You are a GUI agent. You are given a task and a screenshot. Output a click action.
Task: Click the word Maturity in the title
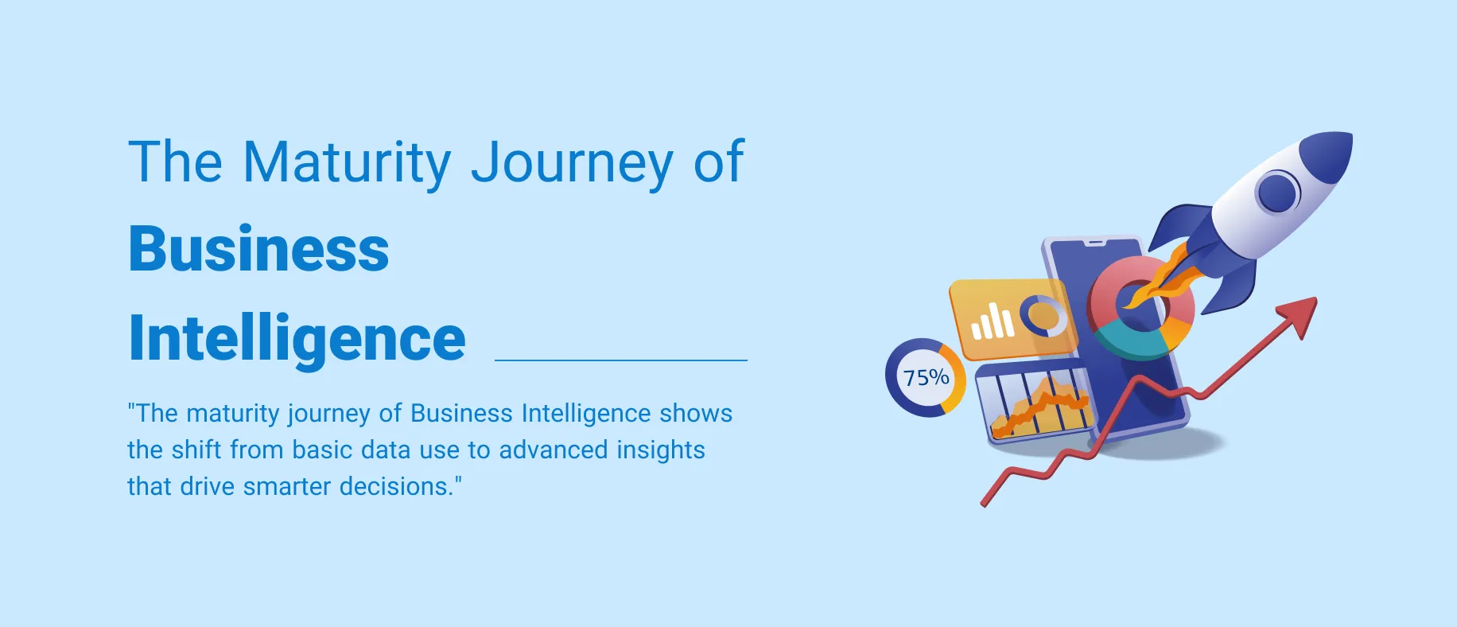347,163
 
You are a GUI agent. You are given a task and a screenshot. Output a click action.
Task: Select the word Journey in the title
572,163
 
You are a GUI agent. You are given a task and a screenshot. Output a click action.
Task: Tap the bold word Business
258,248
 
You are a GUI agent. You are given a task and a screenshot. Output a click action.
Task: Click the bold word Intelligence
297,338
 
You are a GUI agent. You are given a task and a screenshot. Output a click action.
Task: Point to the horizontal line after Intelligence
621,360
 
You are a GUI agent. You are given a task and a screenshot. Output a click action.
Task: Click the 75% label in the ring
927,377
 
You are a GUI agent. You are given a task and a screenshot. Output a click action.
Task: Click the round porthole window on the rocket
1277,193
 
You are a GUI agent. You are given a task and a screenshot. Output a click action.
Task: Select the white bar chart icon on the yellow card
993,321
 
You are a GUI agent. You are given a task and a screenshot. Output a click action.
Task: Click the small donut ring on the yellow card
1043,316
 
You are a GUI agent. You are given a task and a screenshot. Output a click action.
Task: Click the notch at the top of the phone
1097,242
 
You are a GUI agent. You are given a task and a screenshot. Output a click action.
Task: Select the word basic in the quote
323,450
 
